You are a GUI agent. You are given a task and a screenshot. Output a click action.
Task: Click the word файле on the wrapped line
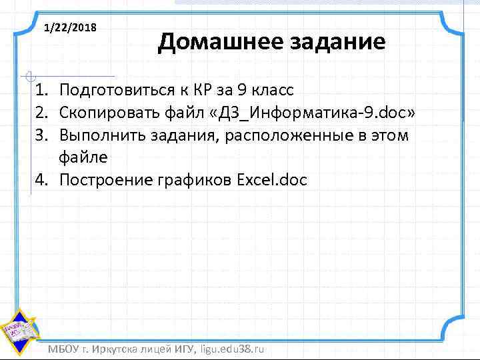click(x=83, y=158)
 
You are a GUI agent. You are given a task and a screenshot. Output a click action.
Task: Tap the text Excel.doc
click(x=272, y=181)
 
